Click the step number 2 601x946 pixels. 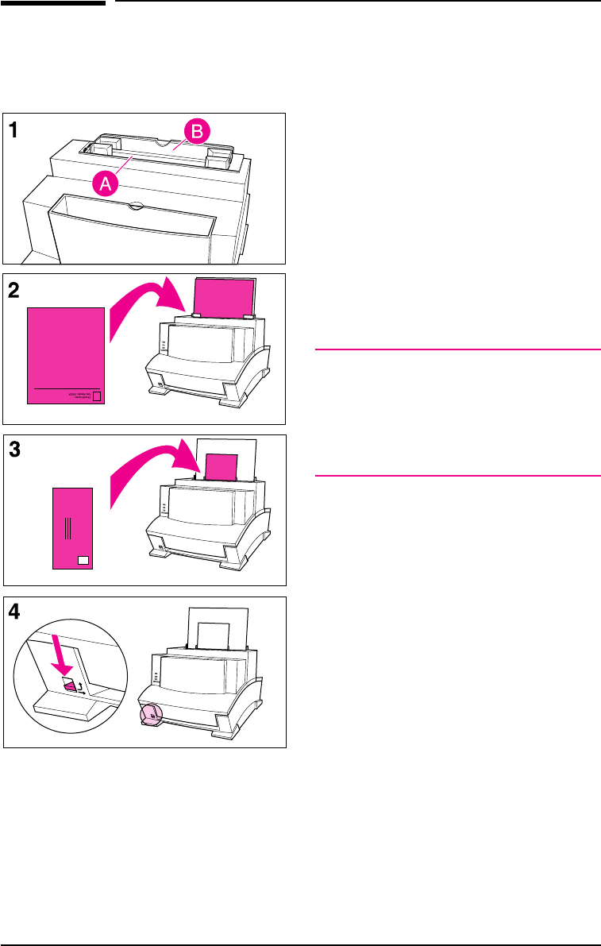pyautogui.click(x=16, y=292)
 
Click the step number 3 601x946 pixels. pyautogui.click(x=16, y=450)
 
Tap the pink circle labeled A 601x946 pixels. pyautogui.click(x=107, y=184)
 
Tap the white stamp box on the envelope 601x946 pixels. pyautogui.click(x=84, y=560)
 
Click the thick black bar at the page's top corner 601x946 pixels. pyautogui.click(x=52, y=3)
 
